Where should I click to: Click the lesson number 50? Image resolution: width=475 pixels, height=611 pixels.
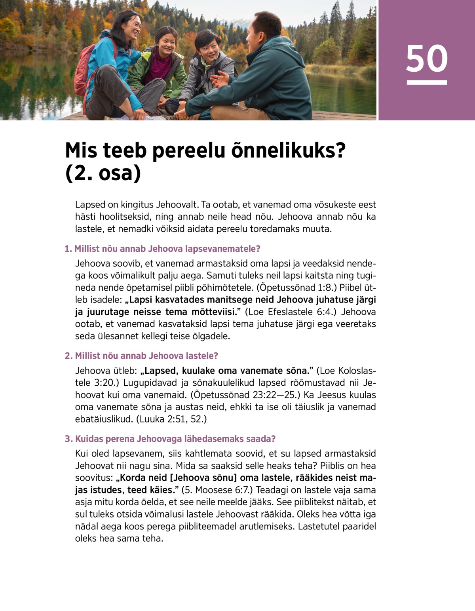click(426, 59)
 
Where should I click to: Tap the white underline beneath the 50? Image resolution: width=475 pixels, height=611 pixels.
click(426, 82)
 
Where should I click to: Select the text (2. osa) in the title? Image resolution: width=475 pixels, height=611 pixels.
click(103, 173)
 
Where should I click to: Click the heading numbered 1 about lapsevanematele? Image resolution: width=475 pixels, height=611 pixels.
click(163, 249)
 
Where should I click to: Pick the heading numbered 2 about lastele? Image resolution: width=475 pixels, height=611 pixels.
click(142, 356)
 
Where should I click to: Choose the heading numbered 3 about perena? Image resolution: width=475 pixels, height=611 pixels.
click(170, 439)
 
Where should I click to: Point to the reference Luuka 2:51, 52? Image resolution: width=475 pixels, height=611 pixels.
click(171, 419)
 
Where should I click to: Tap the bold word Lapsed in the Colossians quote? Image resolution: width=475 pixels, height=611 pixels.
click(160, 371)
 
